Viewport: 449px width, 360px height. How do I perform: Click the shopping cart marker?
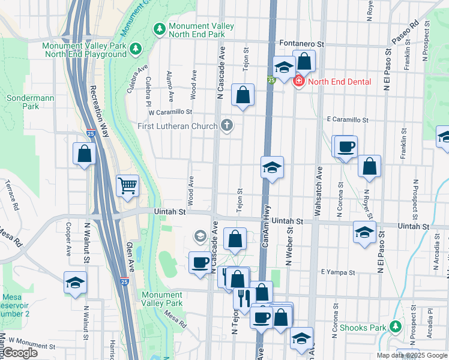point(127,185)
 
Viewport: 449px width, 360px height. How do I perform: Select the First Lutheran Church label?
point(179,125)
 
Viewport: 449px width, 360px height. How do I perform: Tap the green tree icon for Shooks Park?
point(395,327)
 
